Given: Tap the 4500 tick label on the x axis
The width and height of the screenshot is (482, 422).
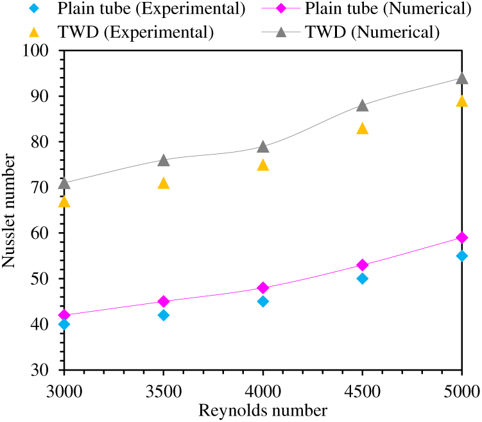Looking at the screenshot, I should pos(363,391).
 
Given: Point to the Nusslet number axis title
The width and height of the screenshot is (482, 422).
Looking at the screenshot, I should pos(11,212).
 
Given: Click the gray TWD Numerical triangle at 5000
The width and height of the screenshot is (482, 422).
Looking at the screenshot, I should pos(462,78).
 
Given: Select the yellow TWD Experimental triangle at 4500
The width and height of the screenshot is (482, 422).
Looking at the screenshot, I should pos(363,128).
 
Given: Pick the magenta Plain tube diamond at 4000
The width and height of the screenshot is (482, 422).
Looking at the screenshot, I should pos(263,288).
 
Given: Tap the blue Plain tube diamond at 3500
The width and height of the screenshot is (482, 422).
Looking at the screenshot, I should pos(164,315).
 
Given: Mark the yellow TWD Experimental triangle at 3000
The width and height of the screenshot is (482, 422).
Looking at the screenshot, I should pos(64,202).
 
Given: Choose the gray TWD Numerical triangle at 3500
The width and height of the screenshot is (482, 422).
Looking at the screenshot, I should pos(164,160).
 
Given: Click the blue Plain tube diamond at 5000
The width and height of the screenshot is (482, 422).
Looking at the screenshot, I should pos(462,256).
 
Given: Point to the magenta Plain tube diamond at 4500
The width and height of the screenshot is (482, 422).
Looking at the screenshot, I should pos(363,265).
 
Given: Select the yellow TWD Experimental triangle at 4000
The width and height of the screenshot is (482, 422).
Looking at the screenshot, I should pos(263,165).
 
